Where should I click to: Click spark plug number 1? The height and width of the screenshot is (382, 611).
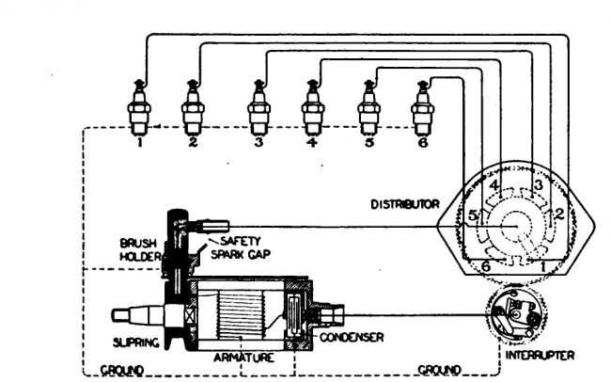coord(139,109)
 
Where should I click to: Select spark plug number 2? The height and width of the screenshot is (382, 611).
coord(193,109)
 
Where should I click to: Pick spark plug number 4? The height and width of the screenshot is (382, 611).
coord(313,109)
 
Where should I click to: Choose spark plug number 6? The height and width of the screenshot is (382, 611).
coord(423,109)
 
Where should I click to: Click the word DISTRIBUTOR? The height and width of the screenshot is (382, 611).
coord(405,202)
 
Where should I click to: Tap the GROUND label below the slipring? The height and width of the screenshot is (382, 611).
coord(122,369)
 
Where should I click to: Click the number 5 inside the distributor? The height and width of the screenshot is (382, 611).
coord(474,216)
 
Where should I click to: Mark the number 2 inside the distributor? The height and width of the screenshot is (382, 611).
coord(557,213)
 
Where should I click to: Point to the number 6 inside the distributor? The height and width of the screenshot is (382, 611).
coord(485,266)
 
